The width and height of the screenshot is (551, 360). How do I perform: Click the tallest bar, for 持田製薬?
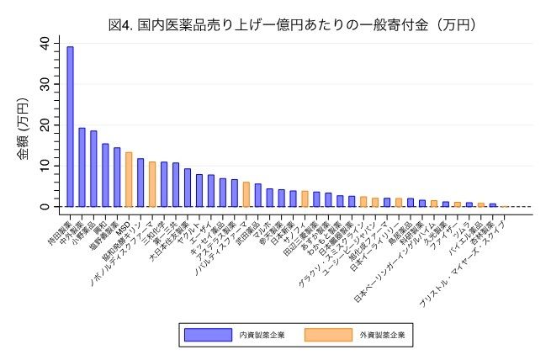[x=70, y=126]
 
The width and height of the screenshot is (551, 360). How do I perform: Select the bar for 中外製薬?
[x=82, y=167]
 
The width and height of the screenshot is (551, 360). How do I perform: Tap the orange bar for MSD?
[x=129, y=179]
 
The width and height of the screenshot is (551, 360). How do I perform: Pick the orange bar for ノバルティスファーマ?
[x=246, y=194]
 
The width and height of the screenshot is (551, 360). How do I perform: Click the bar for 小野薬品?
[x=93, y=168]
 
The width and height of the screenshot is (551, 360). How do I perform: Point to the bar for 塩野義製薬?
[x=117, y=177]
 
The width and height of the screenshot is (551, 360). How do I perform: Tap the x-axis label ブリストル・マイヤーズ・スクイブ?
[x=471, y=252]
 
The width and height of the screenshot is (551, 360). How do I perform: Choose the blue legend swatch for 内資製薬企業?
[x=208, y=335]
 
